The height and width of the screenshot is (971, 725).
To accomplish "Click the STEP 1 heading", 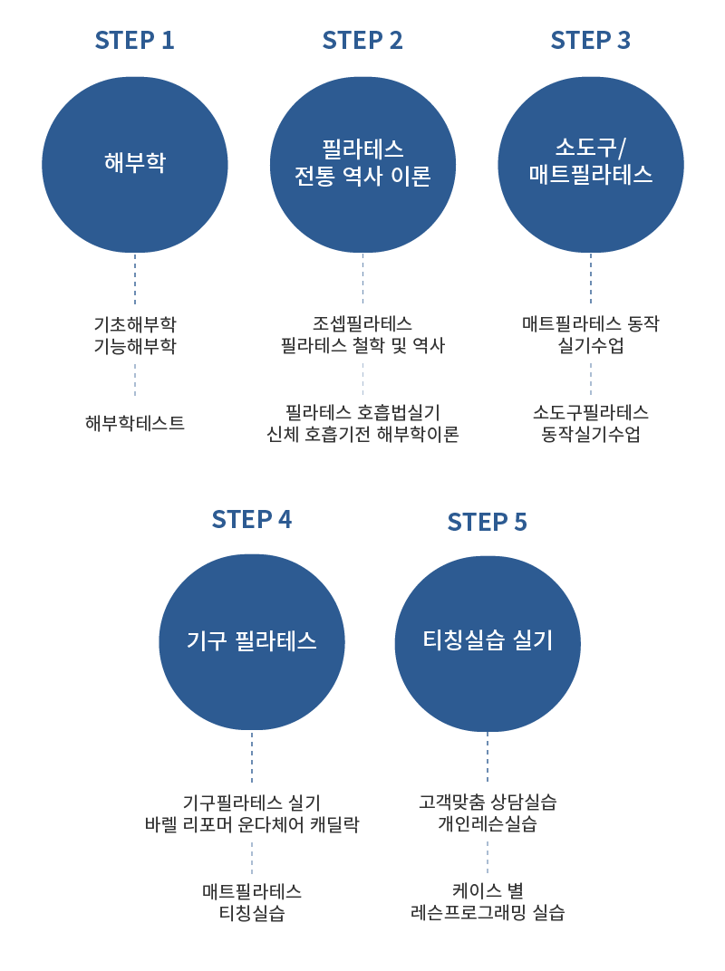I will click(134, 41).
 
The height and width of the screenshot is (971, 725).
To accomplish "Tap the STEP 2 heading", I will click(362, 41).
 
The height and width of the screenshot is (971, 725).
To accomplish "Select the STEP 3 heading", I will click(591, 41).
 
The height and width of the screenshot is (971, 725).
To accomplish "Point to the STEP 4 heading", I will click(251, 520).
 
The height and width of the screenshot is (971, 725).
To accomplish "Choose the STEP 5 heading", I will click(487, 523).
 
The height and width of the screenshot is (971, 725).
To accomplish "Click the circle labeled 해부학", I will click(135, 163).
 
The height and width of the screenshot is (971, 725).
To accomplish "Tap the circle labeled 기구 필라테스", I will click(252, 641).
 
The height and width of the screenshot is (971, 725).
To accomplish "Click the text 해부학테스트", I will click(135, 423).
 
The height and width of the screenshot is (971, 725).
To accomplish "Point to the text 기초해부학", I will click(135, 324).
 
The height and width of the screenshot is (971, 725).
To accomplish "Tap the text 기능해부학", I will click(135, 346).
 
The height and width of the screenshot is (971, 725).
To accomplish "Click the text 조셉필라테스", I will click(362, 324).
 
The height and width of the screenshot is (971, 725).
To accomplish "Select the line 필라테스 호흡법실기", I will click(362, 412).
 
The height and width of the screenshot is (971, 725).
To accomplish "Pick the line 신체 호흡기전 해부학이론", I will click(362, 435).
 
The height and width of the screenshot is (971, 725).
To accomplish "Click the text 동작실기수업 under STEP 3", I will click(591, 435).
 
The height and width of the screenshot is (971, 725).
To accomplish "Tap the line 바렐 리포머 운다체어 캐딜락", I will click(252, 825).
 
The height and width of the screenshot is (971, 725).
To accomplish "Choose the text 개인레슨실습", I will click(488, 825).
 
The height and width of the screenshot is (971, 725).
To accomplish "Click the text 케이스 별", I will click(488, 889).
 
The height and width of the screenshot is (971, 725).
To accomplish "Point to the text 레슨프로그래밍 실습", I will click(488, 912).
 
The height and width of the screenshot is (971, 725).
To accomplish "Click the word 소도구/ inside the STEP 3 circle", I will click(591, 148).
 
